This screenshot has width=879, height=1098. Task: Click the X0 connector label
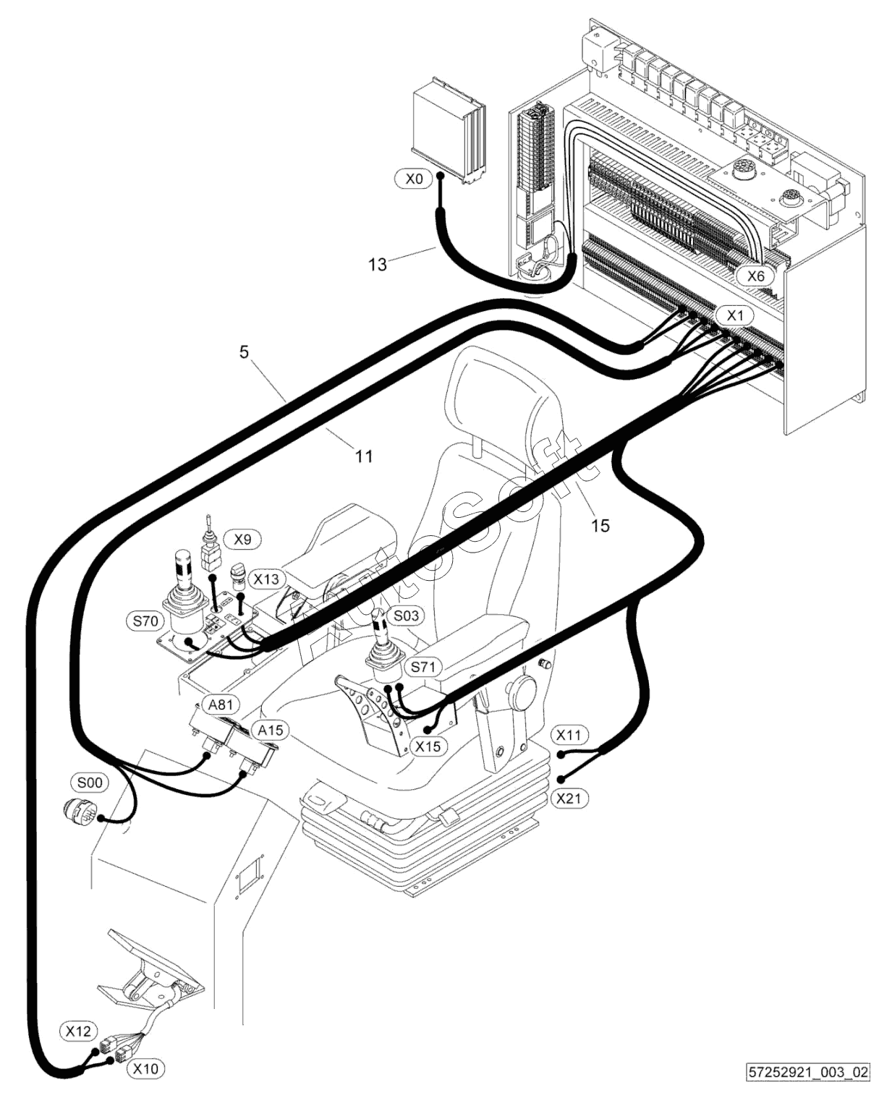pyautogui.click(x=415, y=179)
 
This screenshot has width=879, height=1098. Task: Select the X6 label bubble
pyautogui.click(x=755, y=276)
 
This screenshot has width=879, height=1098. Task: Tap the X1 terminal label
pyautogui.click(x=735, y=315)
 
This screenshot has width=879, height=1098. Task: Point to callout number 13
pyautogui.click(x=378, y=264)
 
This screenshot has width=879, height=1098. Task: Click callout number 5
pyautogui.click(x=244, y=352)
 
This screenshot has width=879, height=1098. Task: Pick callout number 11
pyautogui.click(x=363, y=456)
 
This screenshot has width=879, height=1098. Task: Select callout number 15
pyautogui.click(x=600, y=526)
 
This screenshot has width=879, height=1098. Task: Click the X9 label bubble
pyautogui.click(x=243, y=540)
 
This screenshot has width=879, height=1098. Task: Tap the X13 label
pyautogui.click(x=266, y=579)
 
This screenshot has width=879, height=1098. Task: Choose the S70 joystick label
pyautogui.click(x=145, y=621)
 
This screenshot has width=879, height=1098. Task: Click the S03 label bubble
pyautogui.click(x=407, y=616)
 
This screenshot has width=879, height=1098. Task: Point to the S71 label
pyautogui.click(x=423, y=667)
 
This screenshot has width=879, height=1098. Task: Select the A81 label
pyautogui.click(x=221, y=705)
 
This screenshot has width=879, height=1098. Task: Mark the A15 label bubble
pyautogui.click(x=271, y=730)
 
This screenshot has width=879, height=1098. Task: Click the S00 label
pyautogui.click(x=90, y=782)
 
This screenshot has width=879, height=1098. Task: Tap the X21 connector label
pyautogui.click(x=569, y=798)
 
